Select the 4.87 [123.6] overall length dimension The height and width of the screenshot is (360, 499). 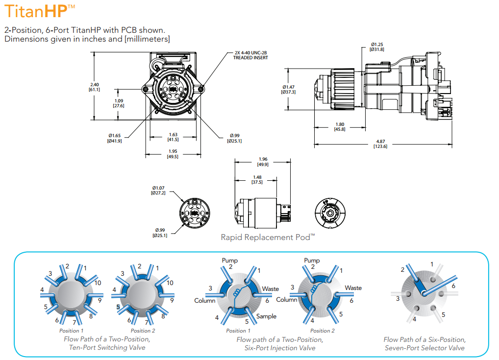click(x=380, y=144)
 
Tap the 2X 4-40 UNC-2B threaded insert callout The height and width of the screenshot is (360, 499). click(x=250, y=55)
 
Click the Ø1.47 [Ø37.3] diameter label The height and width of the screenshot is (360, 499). click(x=288, y=90)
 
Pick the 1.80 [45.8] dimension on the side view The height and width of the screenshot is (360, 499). click(x=339, y=126)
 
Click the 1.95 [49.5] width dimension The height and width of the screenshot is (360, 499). click(x=173, y=154)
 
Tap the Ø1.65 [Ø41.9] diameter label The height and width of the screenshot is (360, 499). click(x=115, y=138)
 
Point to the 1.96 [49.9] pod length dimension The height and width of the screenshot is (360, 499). click(x=263, y=162)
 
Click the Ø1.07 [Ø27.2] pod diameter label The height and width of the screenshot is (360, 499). click(x=158, y=190)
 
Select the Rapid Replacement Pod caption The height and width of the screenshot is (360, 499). click(x=268, y=237)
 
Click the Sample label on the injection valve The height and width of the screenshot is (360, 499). click(x=266, y=316)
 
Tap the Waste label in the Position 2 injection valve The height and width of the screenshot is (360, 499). click(x=353, y=288)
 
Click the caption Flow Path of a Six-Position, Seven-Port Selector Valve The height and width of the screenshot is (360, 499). click(x=424, y=343)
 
